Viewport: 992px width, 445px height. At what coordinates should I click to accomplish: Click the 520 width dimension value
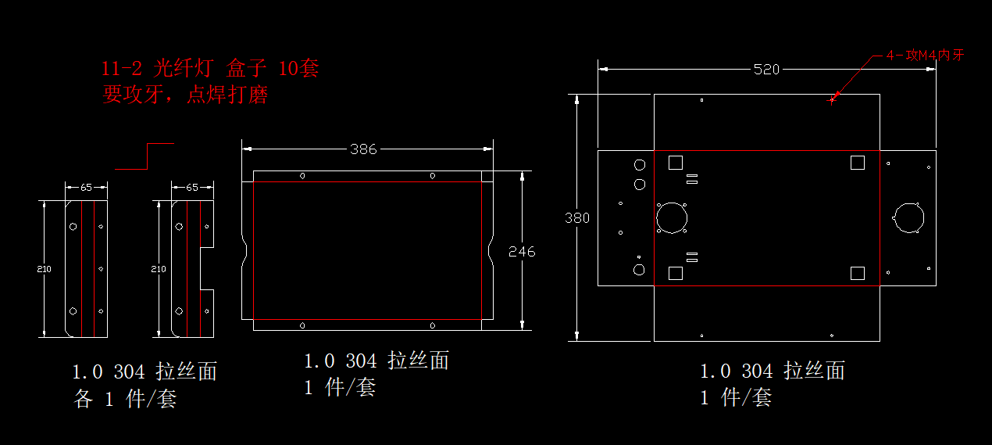coord(766,70)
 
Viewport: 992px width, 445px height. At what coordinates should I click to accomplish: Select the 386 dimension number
coord(363,149)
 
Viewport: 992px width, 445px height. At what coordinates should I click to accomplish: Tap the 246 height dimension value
coord(522,251)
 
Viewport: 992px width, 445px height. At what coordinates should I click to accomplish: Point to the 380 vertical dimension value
coord(577,218)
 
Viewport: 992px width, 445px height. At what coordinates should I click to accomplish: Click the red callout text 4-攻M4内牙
coord(925,56)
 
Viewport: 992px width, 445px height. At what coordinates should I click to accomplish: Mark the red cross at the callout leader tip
coord(832,99)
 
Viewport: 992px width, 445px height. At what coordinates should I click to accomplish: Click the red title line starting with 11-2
coord(210,69)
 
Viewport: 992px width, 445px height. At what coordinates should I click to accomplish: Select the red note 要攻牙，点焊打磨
coord(185,95)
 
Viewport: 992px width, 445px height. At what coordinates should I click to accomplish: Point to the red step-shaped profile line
coord(145,156)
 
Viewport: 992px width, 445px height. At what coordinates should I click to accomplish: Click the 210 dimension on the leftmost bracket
coord(44,269)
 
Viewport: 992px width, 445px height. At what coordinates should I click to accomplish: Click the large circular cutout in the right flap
coord(908,217)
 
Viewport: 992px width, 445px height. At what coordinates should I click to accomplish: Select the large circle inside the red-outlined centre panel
coord(670,217)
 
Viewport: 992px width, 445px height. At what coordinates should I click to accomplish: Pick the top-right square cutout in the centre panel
coord(857,162)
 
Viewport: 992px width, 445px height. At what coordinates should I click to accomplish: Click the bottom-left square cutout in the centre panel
coord(676,272)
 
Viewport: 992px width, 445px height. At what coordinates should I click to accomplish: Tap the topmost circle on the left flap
coord(640,165)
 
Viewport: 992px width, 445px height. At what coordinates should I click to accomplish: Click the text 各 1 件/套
coord(125,399)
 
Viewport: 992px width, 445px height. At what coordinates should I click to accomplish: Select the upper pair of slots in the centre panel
coord(691,180)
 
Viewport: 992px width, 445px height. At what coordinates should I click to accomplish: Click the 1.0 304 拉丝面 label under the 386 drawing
coord(376,361)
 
